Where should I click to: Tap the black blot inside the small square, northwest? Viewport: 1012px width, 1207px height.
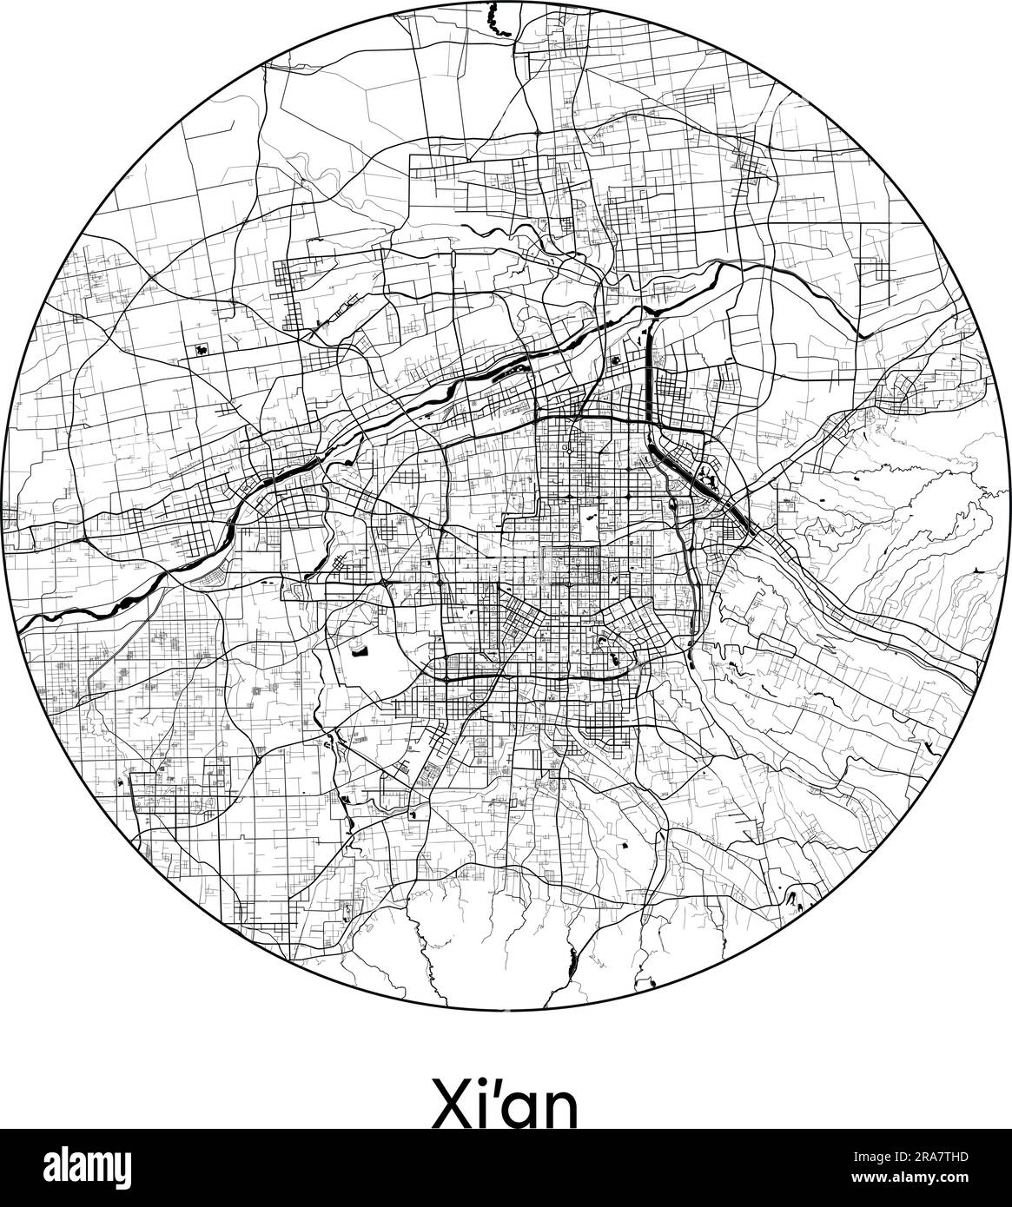coord(202,349)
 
